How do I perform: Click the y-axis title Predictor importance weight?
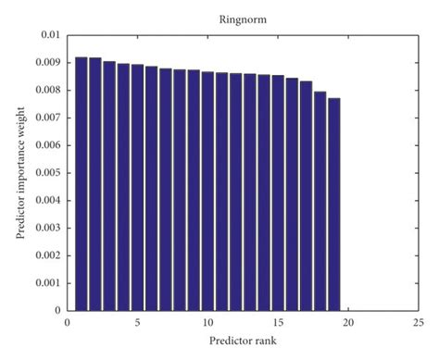tap(19, 172)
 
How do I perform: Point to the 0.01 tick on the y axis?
tap(48, 35)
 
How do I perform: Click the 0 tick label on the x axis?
tap(67, 324)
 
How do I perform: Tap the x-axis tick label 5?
tap(137, 324)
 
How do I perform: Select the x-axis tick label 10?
tap(207, 324)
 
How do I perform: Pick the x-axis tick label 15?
tap(278, 324)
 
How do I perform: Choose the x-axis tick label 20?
tap(348, 324)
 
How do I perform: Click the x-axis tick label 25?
tap(419, 324)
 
